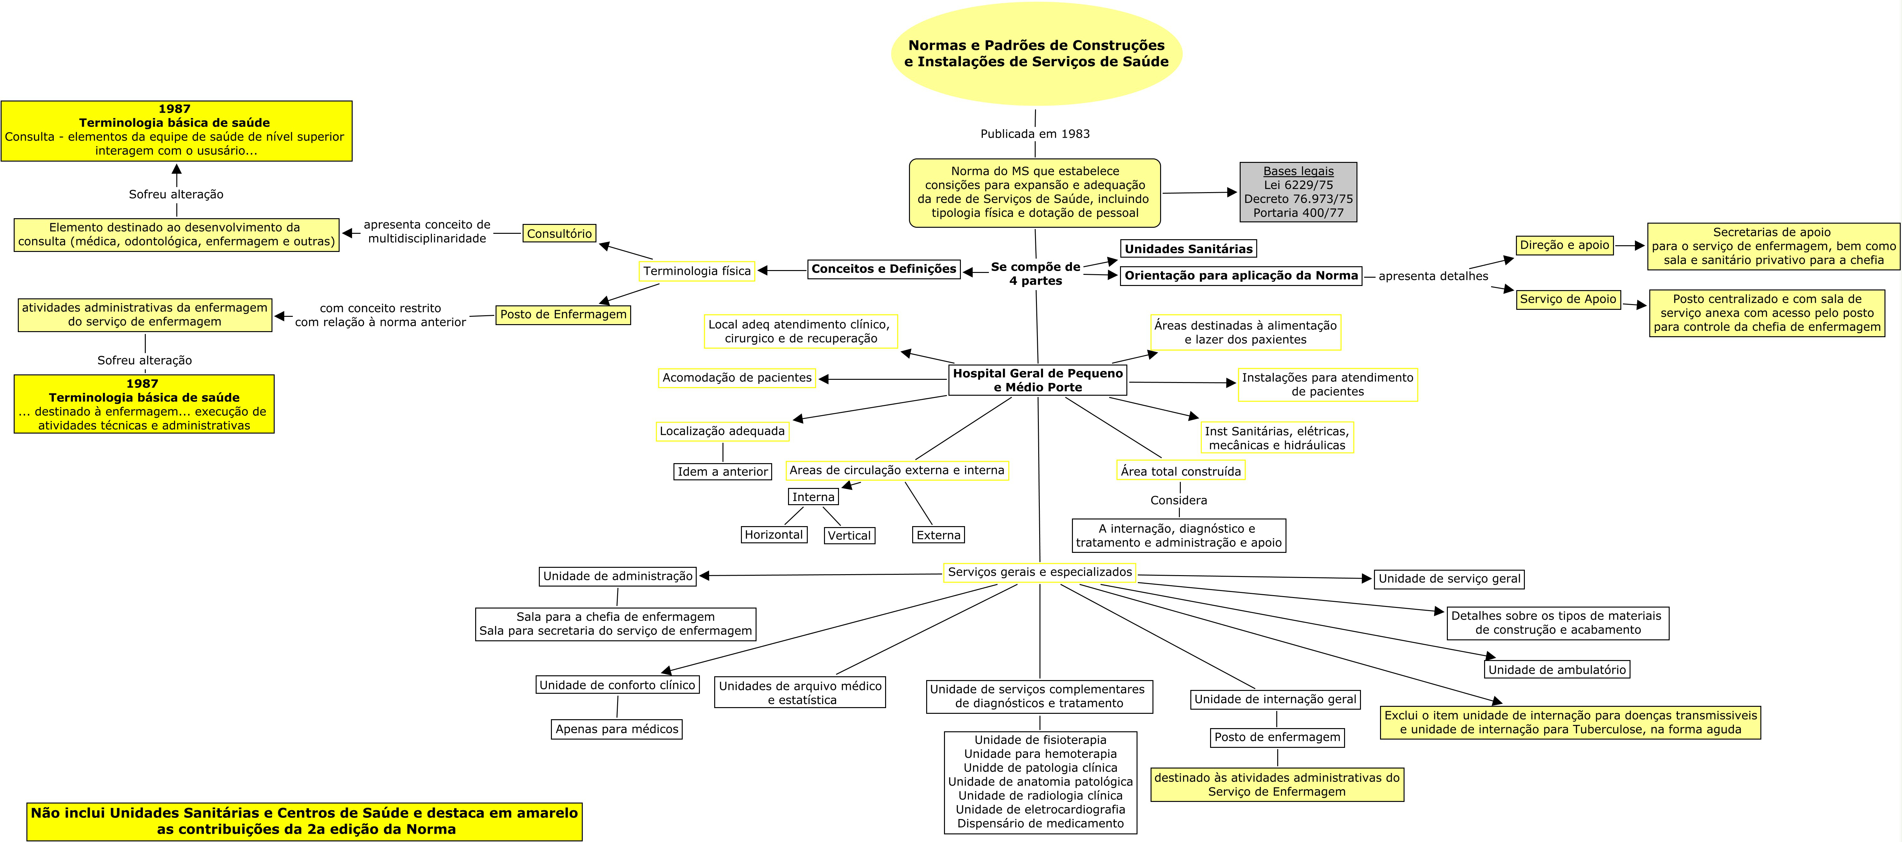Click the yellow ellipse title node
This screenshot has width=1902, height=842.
(x=1036, y=53)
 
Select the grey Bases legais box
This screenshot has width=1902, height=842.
(x=1298, y=192)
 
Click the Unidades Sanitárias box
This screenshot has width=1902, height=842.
(x=1188, y=249)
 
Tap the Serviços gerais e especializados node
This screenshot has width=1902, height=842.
(x=1039, y=572)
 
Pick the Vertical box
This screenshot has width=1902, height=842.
(x=849, y=535)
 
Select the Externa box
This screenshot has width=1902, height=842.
(x=939, y=535)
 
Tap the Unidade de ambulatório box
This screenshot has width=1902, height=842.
(x=1556, y=669)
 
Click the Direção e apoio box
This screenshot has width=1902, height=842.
(x=1564, y=245)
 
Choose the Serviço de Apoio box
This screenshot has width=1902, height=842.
(x=1567, y=299)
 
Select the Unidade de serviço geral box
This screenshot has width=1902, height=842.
(x=1449, y=579)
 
